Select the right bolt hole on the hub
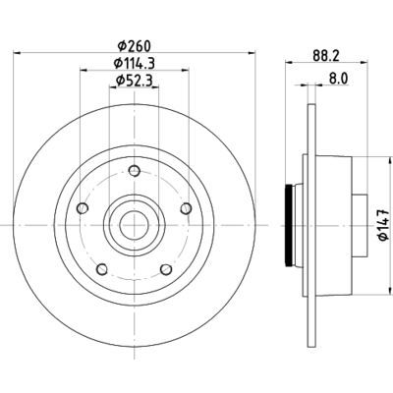pyautogui.click(x=184, y=208)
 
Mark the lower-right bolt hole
pyautogui.click(x=163, y=269)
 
